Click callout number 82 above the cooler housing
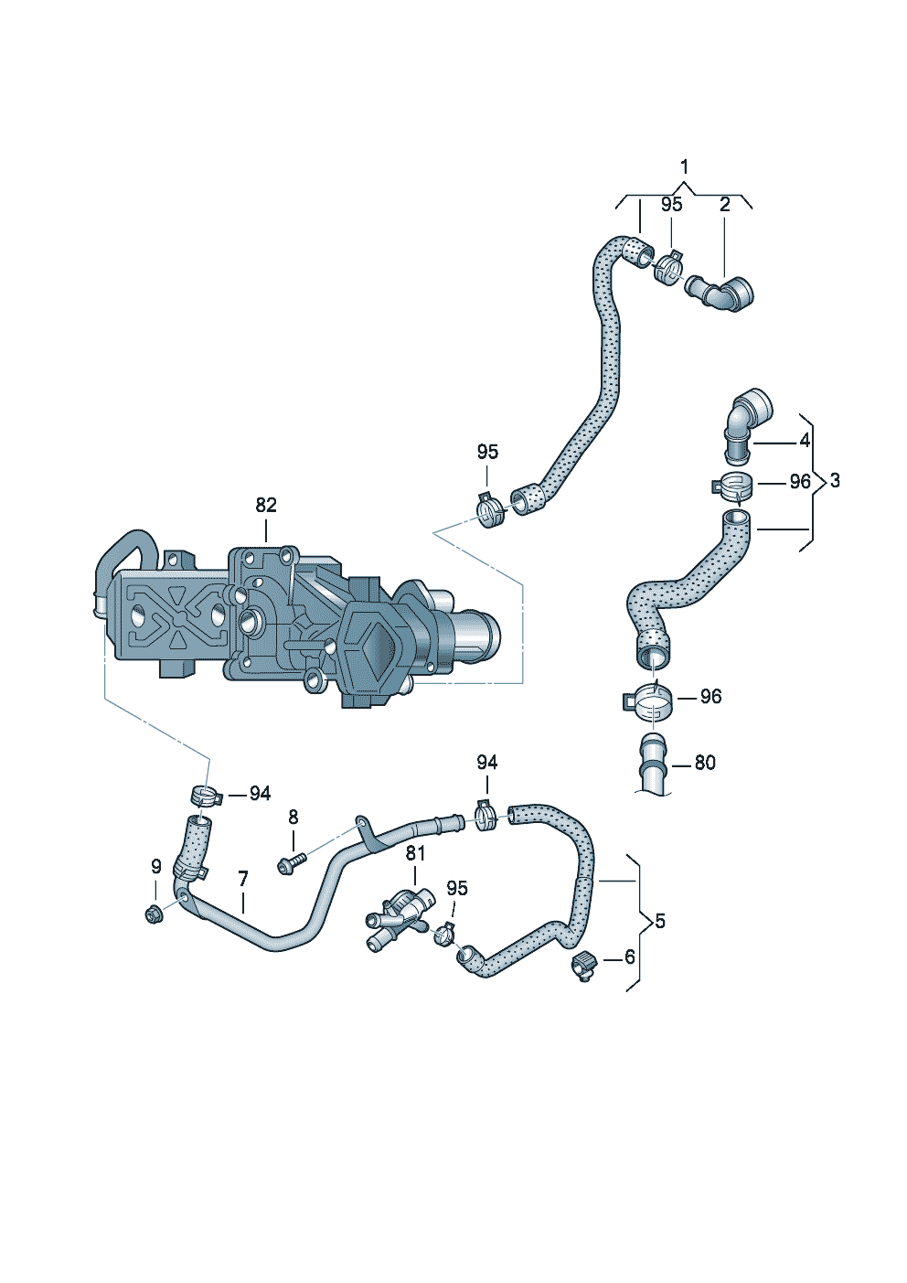tap(266, 505)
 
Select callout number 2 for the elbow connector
tap(725, 205)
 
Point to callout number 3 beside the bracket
tap(835, 481)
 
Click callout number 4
tap(806, 441)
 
